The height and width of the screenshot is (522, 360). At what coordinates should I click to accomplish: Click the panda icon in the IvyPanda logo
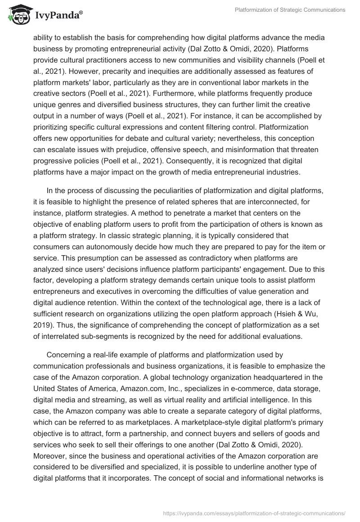(17, 15)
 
